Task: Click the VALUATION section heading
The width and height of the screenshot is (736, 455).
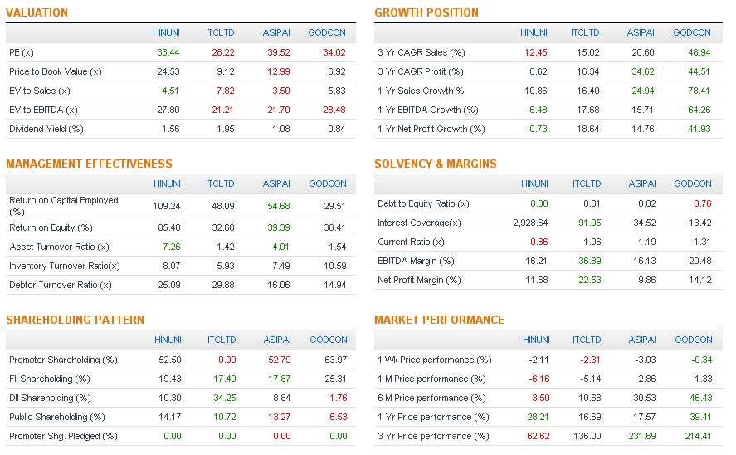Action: coord(37,12)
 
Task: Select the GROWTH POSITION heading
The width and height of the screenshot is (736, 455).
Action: coord(426,12)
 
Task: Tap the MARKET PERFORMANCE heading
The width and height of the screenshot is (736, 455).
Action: coord(439,320)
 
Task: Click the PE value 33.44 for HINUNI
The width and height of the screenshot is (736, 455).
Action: coord(168,52)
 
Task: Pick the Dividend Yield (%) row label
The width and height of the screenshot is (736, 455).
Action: coord(46,129)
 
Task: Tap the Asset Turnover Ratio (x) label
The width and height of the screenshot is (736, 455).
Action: coord(59,247)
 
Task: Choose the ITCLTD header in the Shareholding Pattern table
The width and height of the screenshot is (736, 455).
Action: coord(222,340)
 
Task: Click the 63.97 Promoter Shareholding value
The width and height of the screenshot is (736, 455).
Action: coord(336,360)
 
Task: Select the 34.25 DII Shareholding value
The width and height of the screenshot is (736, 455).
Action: coord(224,398)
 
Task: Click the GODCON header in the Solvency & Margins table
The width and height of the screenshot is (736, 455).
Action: coord(693,183)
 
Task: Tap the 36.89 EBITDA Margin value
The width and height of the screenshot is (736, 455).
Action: coord(589,261)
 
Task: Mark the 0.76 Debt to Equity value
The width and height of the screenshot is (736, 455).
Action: coord(701,203)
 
